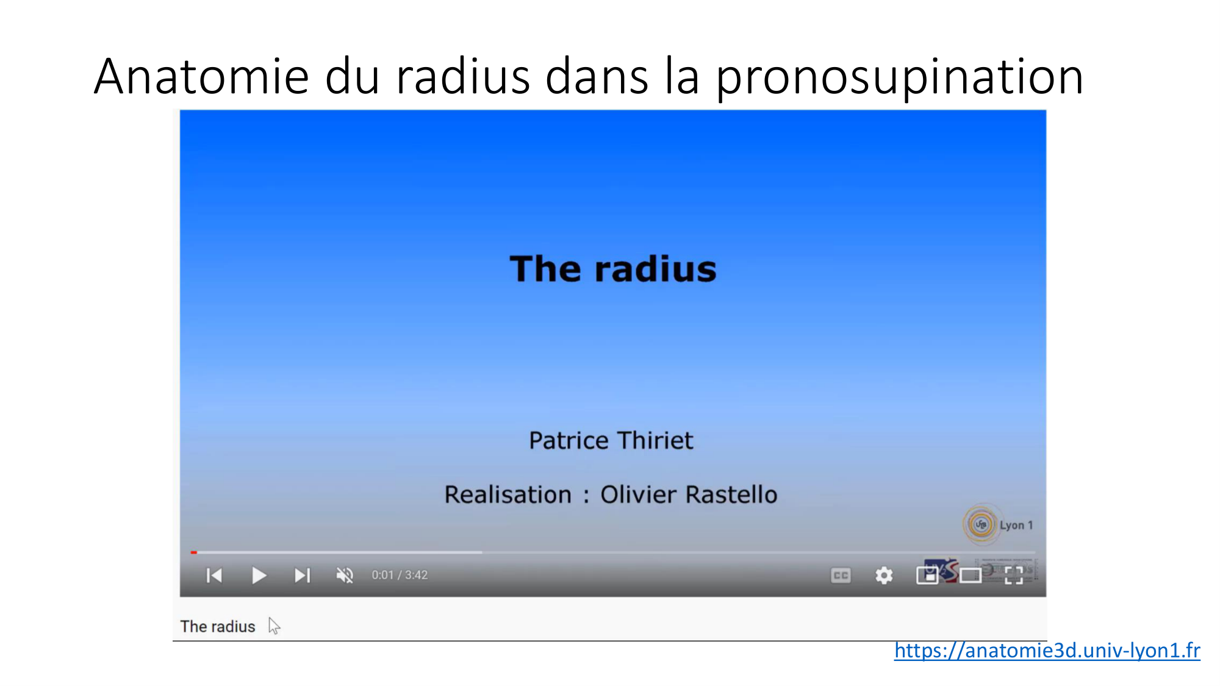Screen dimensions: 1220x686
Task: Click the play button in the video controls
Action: [259, 575]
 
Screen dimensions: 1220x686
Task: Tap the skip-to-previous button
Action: [214, 575]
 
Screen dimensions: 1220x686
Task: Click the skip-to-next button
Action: [303, 575]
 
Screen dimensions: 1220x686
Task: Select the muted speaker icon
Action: [345, 575]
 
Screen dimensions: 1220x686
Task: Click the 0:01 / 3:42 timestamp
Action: [400, 575]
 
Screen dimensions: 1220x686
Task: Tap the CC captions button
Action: [841, 575]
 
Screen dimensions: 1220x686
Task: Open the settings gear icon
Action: [884, 575]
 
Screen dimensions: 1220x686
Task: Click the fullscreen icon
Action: [1014, 575]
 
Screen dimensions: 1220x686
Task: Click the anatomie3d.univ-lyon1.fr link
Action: [1047, 651]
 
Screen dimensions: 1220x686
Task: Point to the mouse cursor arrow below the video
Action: [274, 626]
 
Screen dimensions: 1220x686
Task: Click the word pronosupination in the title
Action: [899, 77]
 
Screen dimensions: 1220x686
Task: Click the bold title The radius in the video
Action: [613, 269]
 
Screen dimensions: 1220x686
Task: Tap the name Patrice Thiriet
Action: [611, 440]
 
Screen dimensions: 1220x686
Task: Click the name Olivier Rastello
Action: [689, 495]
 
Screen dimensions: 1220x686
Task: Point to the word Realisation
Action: [508, 495]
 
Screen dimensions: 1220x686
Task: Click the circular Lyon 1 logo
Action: [981, 524]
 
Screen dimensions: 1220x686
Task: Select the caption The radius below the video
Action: [218, 626]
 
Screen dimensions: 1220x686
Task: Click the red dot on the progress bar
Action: [194, 552]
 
